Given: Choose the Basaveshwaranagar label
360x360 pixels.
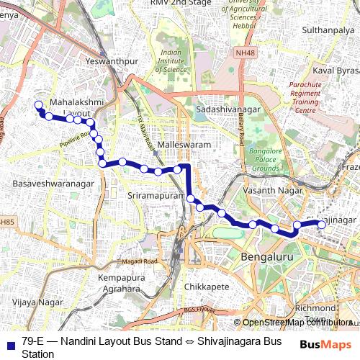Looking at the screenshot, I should pyautogui.click(x=53, y=184).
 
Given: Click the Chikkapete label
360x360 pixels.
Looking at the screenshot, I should pyautogui.click(x=207, y=287).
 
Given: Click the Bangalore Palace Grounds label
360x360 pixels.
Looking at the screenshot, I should pyautogui.click(x=264, y=159).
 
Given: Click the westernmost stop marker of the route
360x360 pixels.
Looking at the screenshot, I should pyautogui.click(x=39, y=106).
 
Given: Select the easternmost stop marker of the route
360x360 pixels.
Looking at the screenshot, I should pyautogui.click(x=322, y=225).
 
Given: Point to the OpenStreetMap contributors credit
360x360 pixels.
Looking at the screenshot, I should pyautogui.click(x=294, y=322).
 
